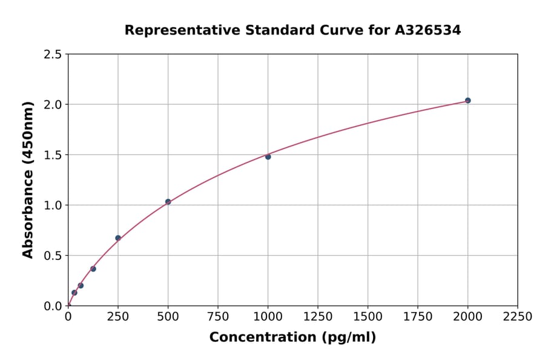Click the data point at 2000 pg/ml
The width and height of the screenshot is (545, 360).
(467, 101)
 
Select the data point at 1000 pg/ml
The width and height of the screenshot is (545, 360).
(268, 157)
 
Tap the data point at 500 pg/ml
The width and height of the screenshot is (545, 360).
(168, 202)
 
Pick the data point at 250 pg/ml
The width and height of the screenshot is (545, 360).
(118, 238)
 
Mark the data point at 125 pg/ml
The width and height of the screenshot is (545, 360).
(93, 269)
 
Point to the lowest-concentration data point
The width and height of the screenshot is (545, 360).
(74, 293)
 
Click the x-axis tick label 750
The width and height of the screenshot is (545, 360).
(218, 316)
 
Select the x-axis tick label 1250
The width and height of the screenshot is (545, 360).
(318, 316)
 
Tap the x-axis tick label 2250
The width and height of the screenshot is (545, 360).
(517, 316)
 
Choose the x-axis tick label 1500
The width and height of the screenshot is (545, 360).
(368, 316)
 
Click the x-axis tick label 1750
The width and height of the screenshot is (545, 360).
(417, 316)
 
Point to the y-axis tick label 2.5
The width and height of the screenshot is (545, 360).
(53, 55)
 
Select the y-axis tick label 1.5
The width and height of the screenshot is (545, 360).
(53, 155)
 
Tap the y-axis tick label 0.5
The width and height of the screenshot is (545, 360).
(53, 256)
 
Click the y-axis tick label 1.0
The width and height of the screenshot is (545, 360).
(53, 205)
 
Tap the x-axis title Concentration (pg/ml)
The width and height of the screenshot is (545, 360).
(292, 338)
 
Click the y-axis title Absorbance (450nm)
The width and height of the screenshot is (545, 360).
(28, 179)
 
